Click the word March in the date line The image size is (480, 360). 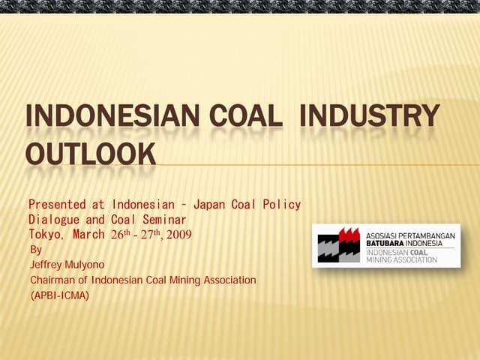point(91,234)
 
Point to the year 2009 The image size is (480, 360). point(178,234)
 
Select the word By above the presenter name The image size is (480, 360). point(36,249)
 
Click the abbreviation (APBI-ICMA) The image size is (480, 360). point(59,295)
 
